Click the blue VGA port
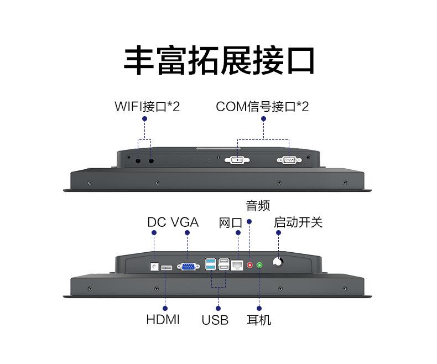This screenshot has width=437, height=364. click(188, 267)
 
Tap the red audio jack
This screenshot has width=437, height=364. click(249, 266)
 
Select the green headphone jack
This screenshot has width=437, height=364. click(259, 266)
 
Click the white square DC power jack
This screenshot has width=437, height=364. click(154, 266)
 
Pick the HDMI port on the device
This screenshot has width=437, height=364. click(166, 268)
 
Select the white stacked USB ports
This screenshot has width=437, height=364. click(224, 264)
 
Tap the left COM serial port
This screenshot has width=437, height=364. click(238, 160)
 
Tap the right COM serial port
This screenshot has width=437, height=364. click(289, 160)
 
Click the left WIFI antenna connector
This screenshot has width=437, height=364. click(138, 161)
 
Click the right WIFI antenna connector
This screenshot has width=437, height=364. click(150, 161)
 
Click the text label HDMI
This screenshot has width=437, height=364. click(163, 319)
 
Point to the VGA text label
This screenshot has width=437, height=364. click(184, 222)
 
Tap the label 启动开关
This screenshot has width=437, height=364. click(298, 222)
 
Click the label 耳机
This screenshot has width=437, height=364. click(259, 320)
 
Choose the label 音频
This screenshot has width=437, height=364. click(258, 206)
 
